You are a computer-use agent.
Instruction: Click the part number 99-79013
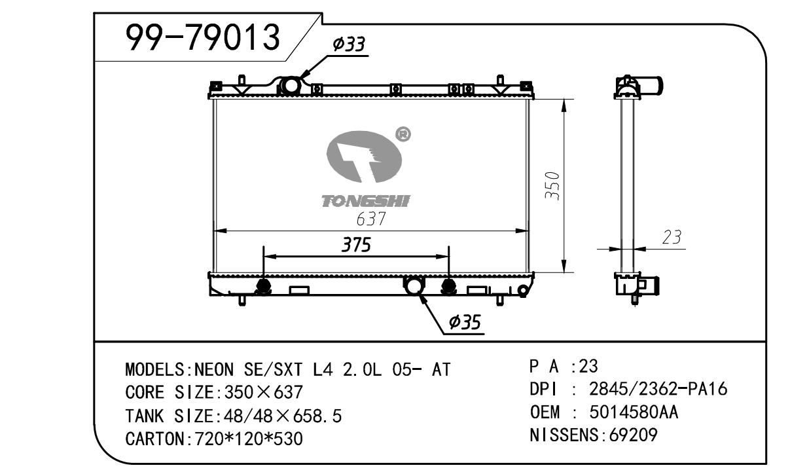203,37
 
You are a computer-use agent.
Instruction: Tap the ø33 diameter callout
349,45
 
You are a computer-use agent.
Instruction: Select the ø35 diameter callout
465,321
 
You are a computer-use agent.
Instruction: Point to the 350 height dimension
552,186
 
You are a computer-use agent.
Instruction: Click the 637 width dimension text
371,219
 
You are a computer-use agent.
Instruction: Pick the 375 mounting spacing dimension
356,245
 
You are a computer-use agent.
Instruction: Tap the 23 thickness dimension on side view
672,237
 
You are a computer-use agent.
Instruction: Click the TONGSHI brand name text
366,202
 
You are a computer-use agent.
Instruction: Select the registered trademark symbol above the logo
403,134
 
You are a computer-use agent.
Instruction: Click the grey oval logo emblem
364,157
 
